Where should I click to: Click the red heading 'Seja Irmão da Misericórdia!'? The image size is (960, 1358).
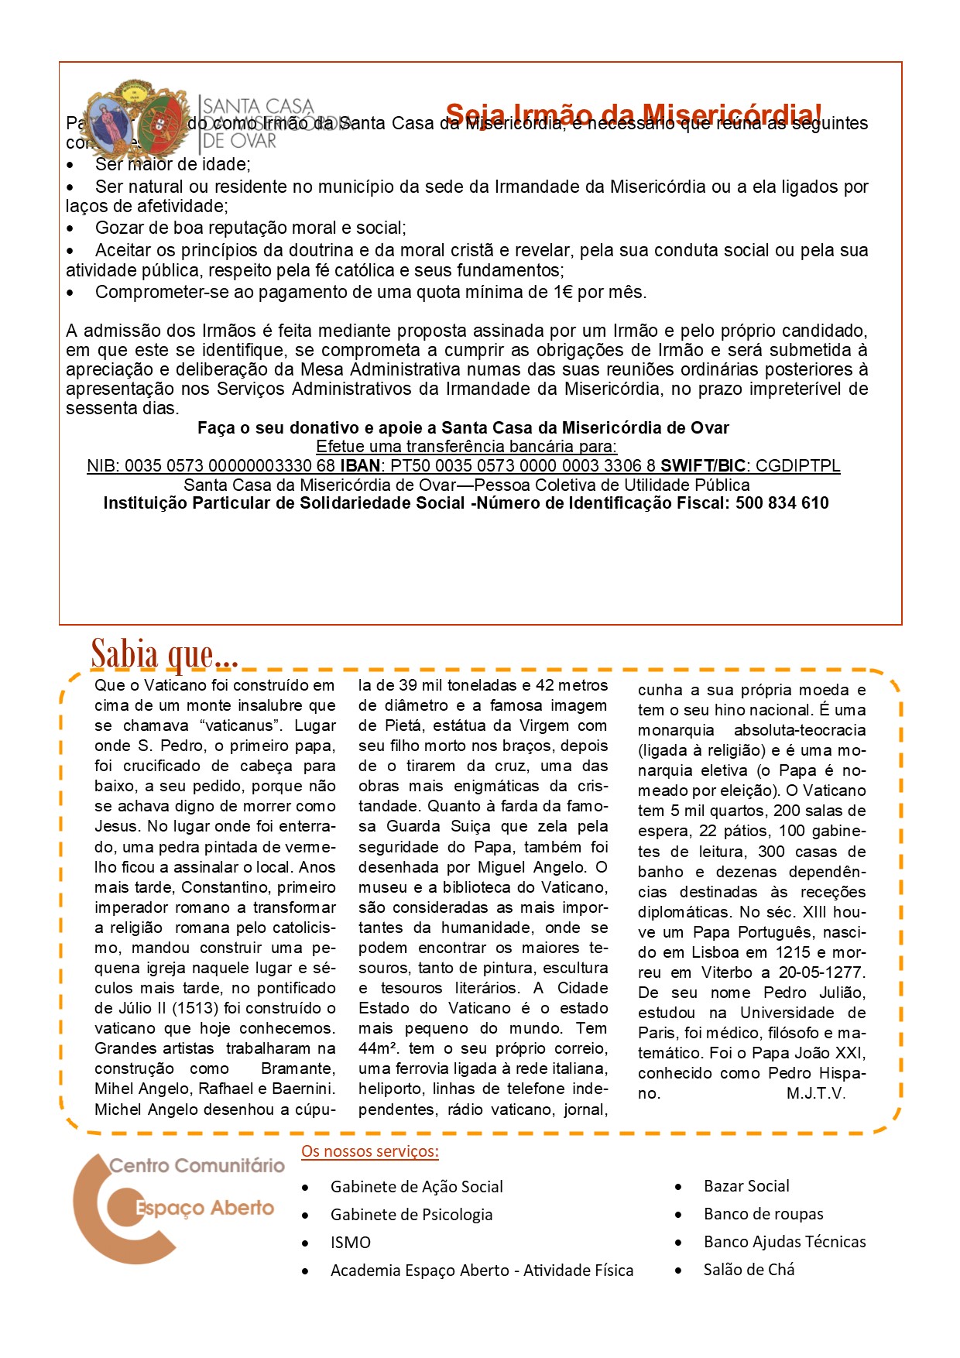(x=633, y=115)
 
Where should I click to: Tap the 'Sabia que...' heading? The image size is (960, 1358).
(x=164, y=654)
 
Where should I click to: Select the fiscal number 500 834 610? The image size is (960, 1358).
(x=782, y=503)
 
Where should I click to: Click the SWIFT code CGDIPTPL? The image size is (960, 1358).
(x=797, y=466)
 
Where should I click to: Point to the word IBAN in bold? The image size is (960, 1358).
(x=360, y=466)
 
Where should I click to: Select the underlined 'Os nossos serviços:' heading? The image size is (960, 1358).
(x=370, y=1151)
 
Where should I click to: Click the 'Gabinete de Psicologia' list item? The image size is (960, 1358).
(x=411, y=1215)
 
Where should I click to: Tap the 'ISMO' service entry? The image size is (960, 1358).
(x=351, y=1243)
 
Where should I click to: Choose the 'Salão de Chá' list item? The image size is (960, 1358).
(x=749, y=1270)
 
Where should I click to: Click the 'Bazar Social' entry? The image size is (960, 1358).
(x=746, y=1186)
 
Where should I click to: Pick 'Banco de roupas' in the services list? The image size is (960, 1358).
(x=763, y=1214)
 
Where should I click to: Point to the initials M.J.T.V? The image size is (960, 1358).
(x=816, y=1093)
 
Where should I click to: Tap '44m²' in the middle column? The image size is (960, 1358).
(x=378, y=1048)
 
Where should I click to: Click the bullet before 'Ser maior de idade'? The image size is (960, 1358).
(x=70, y=166)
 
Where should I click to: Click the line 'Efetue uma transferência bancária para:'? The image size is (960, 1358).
(x=466, y=447)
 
